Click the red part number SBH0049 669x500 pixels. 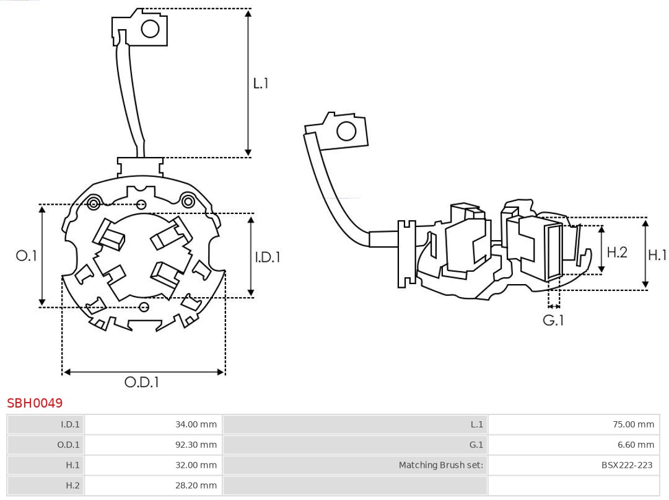click(35, 403)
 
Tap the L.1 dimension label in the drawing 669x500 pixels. click(261, 83)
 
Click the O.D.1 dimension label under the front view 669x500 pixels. click(142, 383)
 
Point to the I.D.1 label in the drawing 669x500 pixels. click(268, 256)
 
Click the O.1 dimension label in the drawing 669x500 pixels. click(27, 256)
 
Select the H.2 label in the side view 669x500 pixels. click(617, 252)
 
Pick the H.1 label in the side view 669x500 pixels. click(657, 254)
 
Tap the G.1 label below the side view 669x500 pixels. click(553, 321)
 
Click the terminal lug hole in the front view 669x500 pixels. click(150, 29)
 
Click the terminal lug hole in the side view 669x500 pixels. click(346, 132)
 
